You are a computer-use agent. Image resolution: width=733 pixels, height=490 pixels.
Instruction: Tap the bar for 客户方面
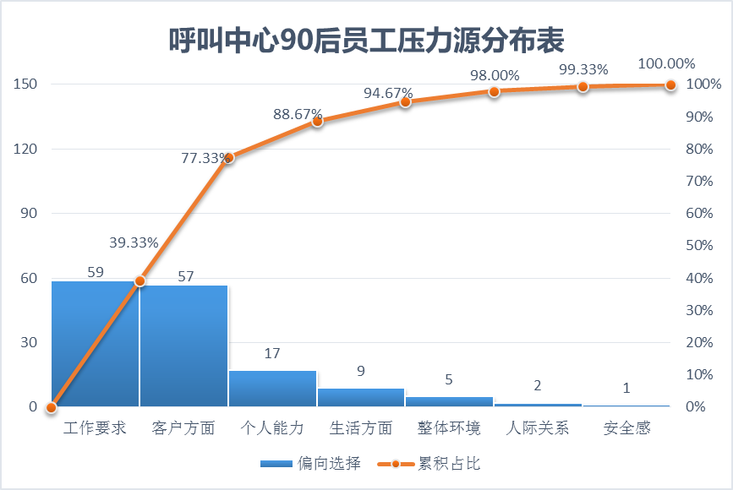[x=183, y=346]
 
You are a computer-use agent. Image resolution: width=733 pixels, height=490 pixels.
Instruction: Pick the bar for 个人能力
[x=272, y=389]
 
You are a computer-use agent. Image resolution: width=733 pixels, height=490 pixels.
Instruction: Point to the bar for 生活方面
[x=361, y=398]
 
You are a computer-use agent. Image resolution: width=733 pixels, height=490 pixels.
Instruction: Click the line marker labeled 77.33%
[x=228, y=157]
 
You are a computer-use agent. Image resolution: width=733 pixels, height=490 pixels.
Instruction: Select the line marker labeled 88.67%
[x=317, y=121]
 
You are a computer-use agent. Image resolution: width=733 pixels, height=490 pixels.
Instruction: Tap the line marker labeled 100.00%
[x=671, y=84]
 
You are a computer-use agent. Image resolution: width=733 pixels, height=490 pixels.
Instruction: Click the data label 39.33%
[x=134, y=243]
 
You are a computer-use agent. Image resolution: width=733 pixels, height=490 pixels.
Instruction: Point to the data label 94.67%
[x=388, y=93]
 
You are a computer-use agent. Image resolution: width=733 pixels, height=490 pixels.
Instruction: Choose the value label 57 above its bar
[x=183, y=276]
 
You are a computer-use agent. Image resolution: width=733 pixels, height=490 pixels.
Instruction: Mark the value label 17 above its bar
[x=272, y=354]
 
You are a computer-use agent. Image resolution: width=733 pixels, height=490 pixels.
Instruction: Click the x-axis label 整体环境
[x=449, y=428]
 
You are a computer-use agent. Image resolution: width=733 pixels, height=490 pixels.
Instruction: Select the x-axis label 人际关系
[x=538, y=428]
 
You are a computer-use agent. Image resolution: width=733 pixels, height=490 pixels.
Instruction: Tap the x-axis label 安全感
[x=626, y=428]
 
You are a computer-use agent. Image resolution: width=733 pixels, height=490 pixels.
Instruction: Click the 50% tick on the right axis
[x=704, y=246]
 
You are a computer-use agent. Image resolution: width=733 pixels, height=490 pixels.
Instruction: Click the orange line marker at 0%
[x=52, y=407]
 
